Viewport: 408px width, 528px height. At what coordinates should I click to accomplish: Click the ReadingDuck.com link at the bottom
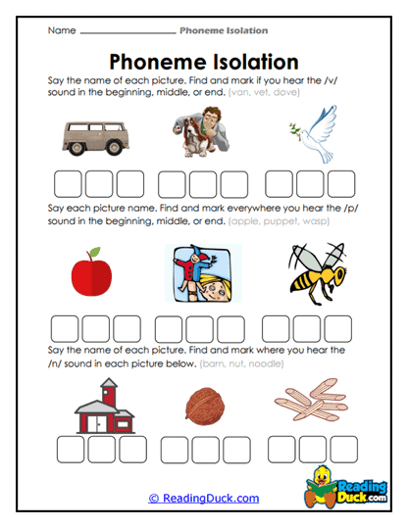coord(204,498)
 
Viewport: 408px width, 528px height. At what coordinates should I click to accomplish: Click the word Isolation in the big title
coord(250,62)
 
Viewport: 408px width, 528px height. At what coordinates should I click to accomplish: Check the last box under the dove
coord(340,185)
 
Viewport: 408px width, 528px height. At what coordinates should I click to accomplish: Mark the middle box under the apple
coord(96,327)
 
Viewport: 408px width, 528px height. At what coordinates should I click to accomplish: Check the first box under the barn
coord(71,449)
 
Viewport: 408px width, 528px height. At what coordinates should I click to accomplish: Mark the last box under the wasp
coord(338,327)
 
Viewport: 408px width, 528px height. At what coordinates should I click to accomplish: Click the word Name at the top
coord(61,30)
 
